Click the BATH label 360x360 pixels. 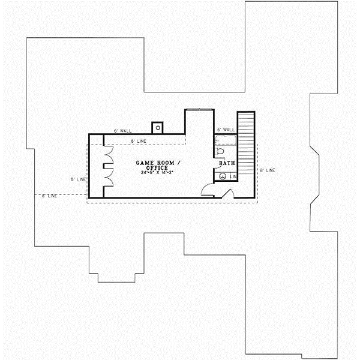click(226, 163)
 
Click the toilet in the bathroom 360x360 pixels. click(219, 153)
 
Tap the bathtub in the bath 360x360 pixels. click(227, 141)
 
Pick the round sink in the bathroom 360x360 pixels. click(222, 176)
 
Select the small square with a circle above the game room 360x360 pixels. click(158, 127)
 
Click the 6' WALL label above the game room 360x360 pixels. click(122, 130)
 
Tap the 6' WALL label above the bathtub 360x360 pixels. click(226, 130)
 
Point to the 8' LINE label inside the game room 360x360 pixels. click(139, 141)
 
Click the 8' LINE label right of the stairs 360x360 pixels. click(267, 170)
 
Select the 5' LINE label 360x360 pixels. click(79, 179)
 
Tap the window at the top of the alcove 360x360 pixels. click(199, 109)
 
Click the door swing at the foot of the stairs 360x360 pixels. click(227, 194)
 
